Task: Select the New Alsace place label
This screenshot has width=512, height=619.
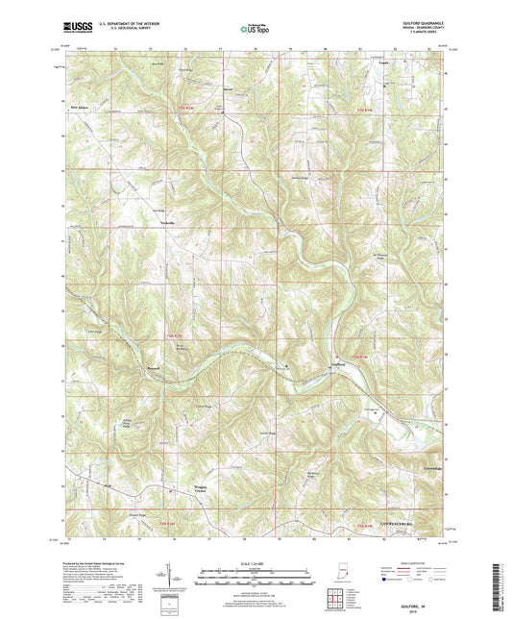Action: click(80, 108)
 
